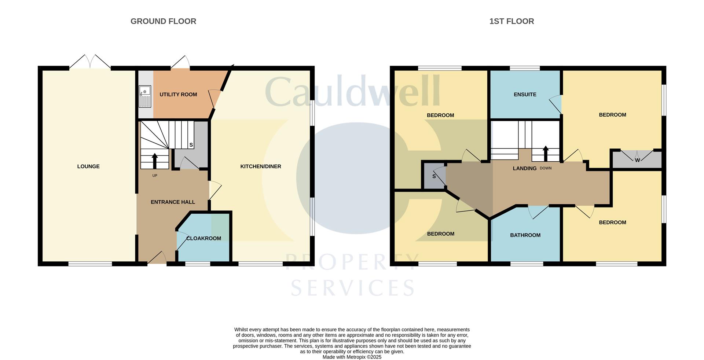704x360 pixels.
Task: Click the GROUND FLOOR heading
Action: click(x=163, y=21)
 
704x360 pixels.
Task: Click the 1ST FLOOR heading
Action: click(x=511, y=21)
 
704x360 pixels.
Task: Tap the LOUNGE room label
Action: click(x=88, y=166)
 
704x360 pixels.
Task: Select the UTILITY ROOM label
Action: click(x=178, y=95)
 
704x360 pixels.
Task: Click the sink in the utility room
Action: click(x=145, y=96)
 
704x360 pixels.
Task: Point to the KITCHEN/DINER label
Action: click(x=261, y=166)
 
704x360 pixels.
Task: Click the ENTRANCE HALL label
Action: click(x=173, y=202)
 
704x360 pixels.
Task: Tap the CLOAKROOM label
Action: click(x=203, y=238)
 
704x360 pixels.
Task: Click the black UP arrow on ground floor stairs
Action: click(x=154, y=161)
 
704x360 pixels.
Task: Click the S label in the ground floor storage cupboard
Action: click(x=191, y=145)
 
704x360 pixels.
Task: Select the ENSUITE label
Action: click(x=525, y=95)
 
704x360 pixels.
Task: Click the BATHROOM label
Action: click(x=525, y=235)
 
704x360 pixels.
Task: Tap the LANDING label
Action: click(x=524, y=168)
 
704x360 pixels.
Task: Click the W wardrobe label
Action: click(x=637, y=160)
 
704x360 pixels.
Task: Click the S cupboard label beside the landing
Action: click(x=434, y=176)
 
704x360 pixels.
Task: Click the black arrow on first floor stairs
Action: click(x=546, y=153)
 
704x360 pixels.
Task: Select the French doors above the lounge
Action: click(x=90, y=62)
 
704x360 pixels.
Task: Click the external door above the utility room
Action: click(x=180, y=62)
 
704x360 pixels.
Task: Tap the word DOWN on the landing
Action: click(x=546, y=168)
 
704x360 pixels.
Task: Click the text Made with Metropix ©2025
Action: click(x=352, y=357)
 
